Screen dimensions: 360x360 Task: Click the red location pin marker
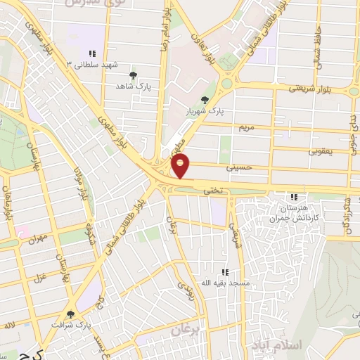pos(181,166)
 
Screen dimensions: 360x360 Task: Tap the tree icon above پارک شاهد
pos(134,74)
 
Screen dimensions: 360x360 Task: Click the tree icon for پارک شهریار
pos(205,100)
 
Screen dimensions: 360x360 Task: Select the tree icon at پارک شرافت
pos(70,314)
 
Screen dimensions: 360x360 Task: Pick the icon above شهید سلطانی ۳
pos(91,53)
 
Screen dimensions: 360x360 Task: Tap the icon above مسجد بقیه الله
pos(225,271)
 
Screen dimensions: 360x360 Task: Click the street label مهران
pos(37,239)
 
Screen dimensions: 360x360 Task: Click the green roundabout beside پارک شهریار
pos(226,84)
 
